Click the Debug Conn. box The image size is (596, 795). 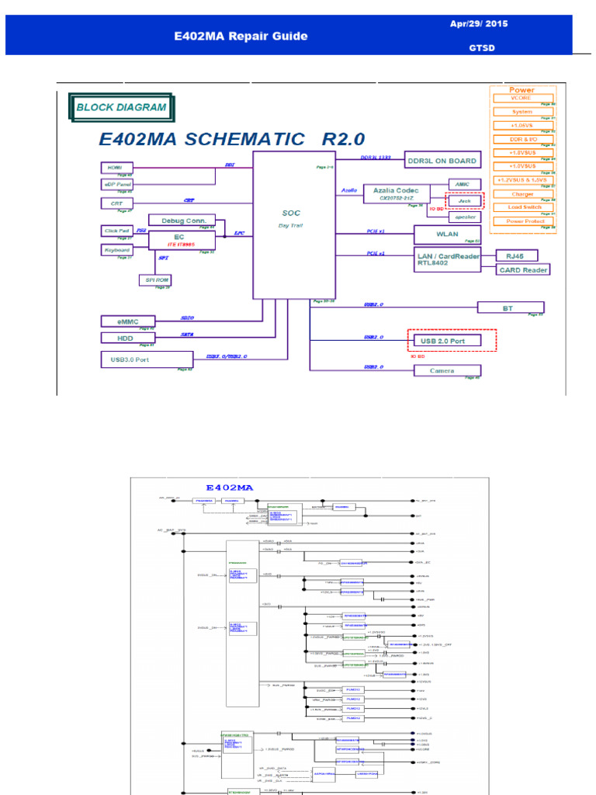click(x=182, y=220)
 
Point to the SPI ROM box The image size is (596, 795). click(x=156, y=279)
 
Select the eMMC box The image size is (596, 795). click(x=128, y=321)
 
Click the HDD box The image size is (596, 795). click(x=128, y=338)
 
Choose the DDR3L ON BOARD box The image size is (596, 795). click(x=442, y=161)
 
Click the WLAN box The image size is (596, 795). click(x=447, y=234)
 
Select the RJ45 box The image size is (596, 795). click(x=515, y=255)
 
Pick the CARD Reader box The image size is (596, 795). click(x=523, y=270)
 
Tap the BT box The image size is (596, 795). click(x=508, y=307)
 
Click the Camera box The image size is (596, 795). click(x=442, y=370)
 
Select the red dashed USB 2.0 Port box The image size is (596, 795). click(x=452, y=340)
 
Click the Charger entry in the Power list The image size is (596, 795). click(x=522, y=194)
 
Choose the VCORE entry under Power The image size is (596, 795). click(x=521, y=99)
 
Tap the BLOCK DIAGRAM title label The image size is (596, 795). click(x=120, y=107)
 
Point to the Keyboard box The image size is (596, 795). click(x=117, y=250)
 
